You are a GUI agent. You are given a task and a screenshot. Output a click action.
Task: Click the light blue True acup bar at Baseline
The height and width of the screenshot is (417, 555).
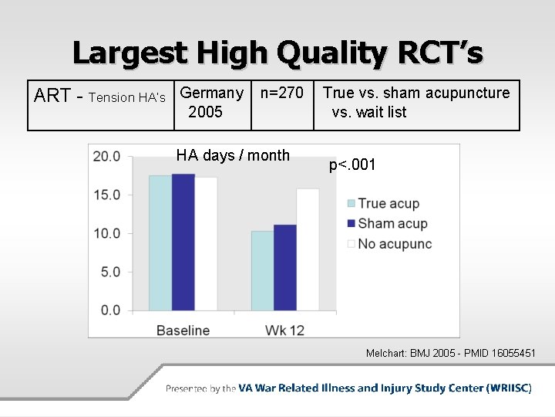click(160, 242)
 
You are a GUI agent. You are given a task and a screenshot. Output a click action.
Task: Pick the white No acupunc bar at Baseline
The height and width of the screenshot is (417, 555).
click(206, 243)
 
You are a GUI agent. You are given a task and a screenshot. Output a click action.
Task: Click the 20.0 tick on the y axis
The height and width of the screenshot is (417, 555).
click(106, 157)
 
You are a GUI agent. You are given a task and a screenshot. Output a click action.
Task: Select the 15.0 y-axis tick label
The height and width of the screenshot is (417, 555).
click(106, 195)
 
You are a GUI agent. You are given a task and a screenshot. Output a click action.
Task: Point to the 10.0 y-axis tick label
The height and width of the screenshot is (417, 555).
click(106, 233)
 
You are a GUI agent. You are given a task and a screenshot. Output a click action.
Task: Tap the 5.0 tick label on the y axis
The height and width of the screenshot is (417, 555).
click(109, 272)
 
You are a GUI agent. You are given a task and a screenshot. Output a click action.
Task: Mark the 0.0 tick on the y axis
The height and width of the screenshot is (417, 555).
click(109, 310)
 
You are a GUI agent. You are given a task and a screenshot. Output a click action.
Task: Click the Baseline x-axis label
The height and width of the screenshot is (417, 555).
click(183, 330)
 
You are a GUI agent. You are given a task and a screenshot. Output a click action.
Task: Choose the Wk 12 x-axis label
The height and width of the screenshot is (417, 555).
click(284, 330)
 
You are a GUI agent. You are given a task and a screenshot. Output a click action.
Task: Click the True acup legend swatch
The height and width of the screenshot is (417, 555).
click(351, 204)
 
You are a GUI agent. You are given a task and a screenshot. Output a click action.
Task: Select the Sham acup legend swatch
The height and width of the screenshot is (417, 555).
click(351, 224)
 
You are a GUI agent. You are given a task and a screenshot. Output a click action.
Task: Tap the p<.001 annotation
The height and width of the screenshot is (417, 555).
click(353, 164)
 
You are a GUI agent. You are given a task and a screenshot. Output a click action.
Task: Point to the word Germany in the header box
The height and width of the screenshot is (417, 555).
click(211, 93)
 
